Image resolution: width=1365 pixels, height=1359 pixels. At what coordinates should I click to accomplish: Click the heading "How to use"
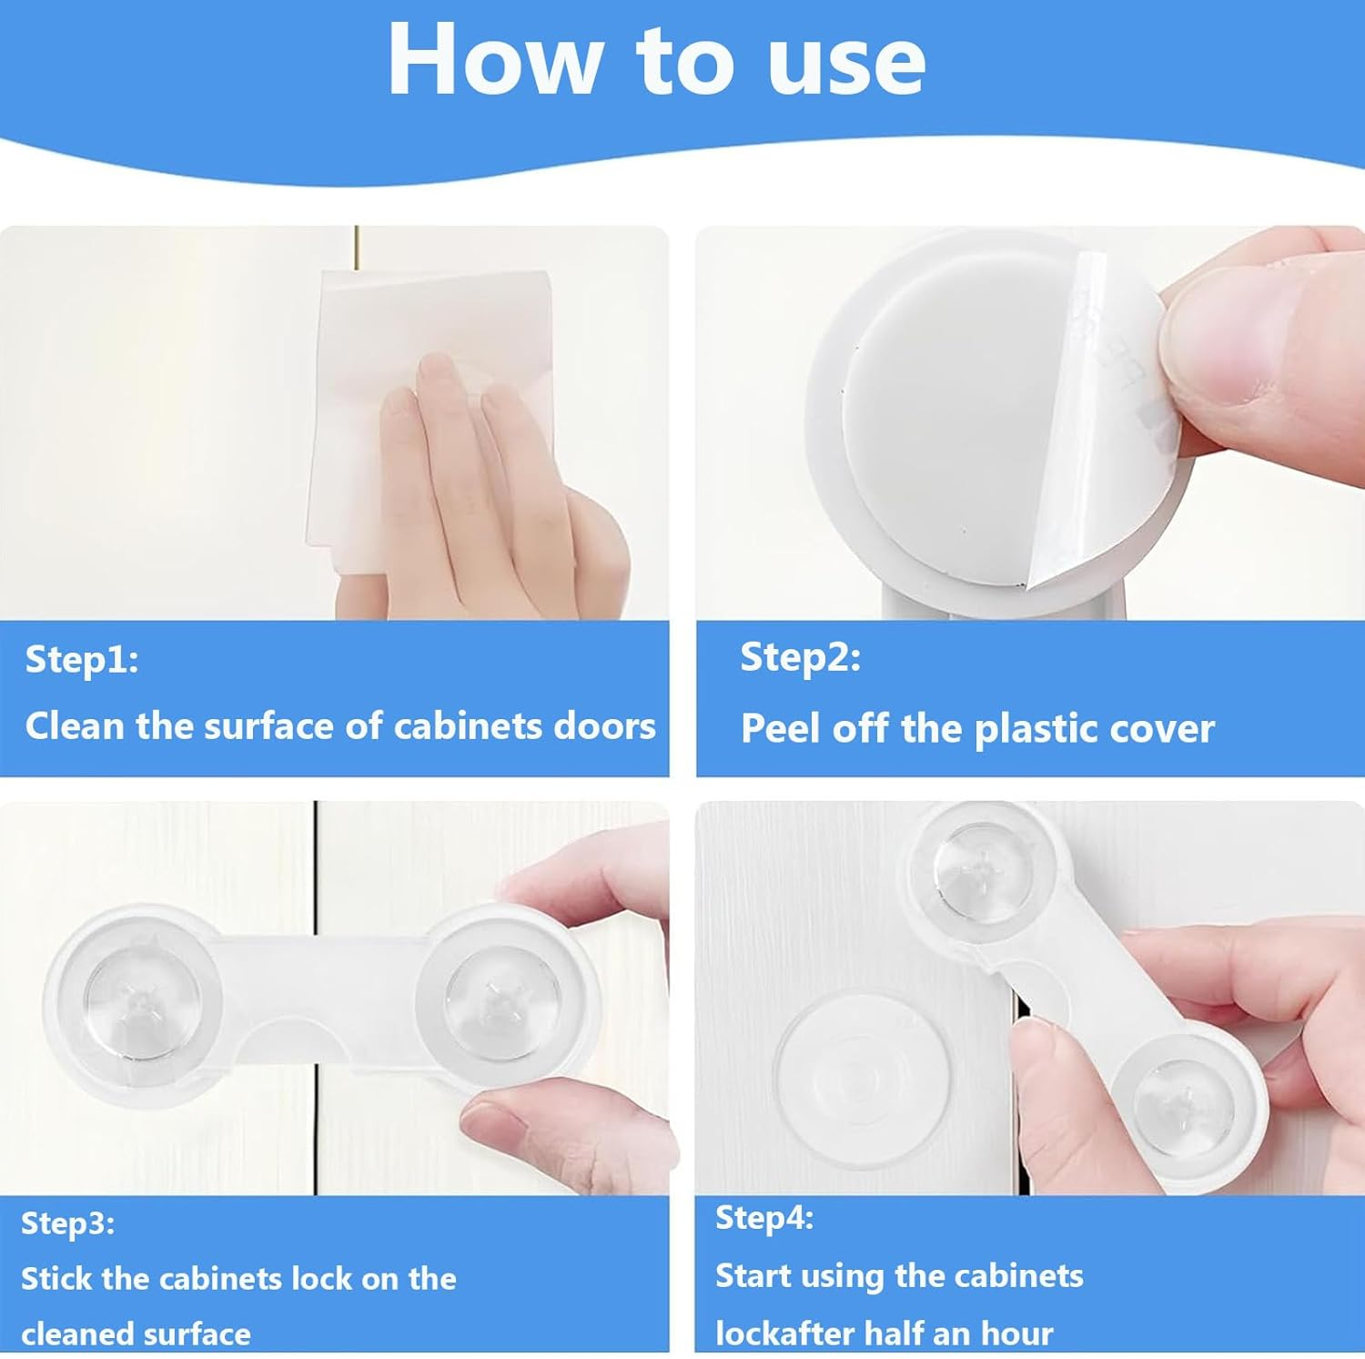[x=656, y=59]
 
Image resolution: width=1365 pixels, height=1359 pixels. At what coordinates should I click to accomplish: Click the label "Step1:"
[x=82, y=659]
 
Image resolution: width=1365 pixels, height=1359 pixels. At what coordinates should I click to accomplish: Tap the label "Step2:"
[x=800, y=657]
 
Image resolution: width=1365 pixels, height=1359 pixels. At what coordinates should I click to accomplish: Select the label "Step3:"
[x=68, y=1222]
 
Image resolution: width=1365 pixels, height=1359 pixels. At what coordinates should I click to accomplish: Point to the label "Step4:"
[x=764, y=1218]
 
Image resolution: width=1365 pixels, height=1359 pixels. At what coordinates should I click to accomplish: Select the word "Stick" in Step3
[x=56, y=1279]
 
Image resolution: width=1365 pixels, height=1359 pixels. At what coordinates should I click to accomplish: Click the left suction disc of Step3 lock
[x=136, y=1001]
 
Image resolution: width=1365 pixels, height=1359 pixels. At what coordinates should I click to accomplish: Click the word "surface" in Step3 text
[x=196, y=1334]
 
